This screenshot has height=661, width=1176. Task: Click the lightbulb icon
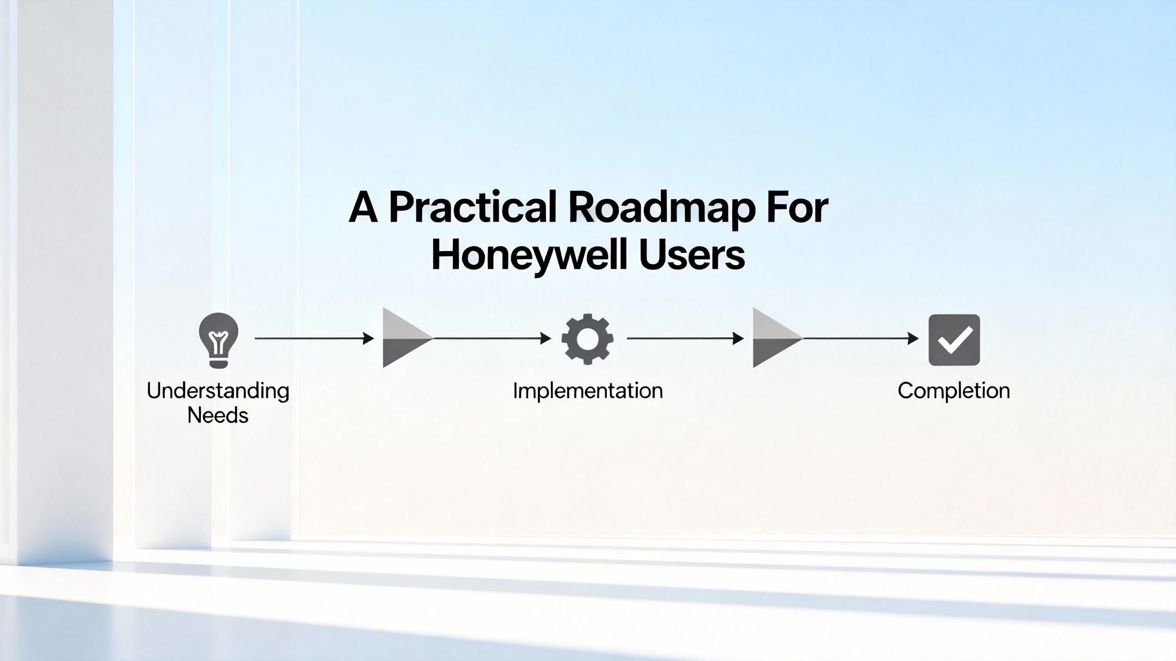pyautogui.click(x=219, y=340)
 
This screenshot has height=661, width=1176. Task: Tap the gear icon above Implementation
pyautogui.click(x=588, y=339)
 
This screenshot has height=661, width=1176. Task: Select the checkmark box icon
pyautogui.click(x=954, y=340)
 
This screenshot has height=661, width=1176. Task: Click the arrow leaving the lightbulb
pyautogui.click(x=315, y=338)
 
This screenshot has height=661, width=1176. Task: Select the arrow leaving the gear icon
pyautogui.click(x=685, y=338)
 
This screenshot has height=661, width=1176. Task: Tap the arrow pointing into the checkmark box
pyautogui.click(x=861, y=338)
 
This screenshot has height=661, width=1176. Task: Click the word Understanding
pyautogui.click(x=218, y=392)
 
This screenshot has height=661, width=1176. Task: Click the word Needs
pyautogui.click(x=218, y=415)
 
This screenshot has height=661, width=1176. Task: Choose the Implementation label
pyautogui.click(x=588, y=391)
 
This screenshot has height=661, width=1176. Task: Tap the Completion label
pyautogui.click(x=954, y=391)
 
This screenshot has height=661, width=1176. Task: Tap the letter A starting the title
pyautogui.click(x=363, y=208)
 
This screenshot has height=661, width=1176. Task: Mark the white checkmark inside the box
pyautogui.click(x=955, y=340)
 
